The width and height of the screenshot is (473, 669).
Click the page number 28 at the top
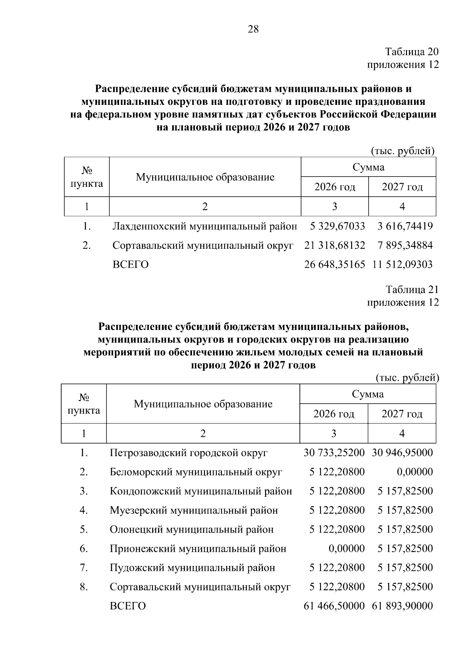click(253, 29)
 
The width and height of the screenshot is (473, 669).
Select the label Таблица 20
click(412, 52)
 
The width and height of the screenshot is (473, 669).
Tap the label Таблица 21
click(412, 290)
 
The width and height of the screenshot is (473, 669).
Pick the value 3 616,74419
click(405, 226)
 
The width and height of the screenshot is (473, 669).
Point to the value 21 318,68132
click(335, 245)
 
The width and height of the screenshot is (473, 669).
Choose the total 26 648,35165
click(335, 264)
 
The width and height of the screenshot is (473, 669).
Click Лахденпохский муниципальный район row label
click(205, 226)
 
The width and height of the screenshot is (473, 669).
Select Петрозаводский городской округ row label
click(188, 453)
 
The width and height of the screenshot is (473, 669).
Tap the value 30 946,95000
click(402, 453)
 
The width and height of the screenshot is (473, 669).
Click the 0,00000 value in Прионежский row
click(346, 548)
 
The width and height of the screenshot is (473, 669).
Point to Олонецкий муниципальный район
click(192, 529)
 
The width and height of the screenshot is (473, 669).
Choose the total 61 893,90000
click(402, 606)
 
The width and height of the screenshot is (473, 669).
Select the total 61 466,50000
click(334, 606)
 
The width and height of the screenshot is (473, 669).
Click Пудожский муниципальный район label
click(192, 568)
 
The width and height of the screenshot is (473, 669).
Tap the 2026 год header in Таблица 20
click(335, 186)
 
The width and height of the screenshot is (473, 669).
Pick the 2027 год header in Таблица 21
click(402, 414)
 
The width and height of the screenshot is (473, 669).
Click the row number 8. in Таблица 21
click(84, 587)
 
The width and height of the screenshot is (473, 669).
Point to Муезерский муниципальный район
click(194, 510)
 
